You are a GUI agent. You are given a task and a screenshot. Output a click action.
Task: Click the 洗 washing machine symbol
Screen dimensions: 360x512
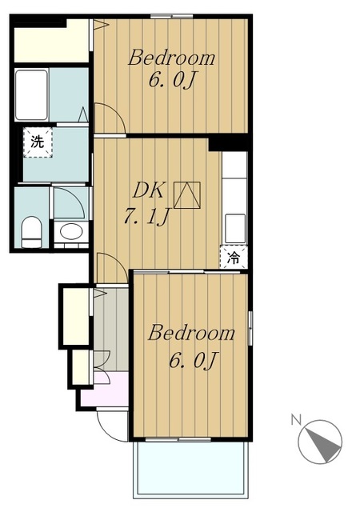tap(38, 142)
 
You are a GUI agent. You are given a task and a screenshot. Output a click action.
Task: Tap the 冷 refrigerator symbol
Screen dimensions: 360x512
tap(234, 258)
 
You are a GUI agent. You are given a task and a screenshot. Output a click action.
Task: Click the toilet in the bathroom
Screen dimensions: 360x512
tap(31, 232)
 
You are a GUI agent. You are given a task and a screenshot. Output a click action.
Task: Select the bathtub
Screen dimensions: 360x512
tap(31, 94)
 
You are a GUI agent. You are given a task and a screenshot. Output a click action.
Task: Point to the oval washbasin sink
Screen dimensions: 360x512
tap(71, 232)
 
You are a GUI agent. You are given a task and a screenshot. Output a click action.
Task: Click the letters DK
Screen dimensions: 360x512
tap(148, 191)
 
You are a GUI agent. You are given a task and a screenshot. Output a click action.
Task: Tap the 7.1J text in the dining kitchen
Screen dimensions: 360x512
tap(146, 217)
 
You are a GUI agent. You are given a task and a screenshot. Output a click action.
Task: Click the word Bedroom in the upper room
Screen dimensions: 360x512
tap(171, 58)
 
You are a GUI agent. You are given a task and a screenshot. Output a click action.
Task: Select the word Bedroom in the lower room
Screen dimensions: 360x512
tap(191, 333)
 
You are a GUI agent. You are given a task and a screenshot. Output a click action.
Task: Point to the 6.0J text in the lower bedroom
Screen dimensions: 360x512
tap(193, 360)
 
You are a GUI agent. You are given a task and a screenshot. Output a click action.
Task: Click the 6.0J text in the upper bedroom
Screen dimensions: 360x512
tap(173, 79)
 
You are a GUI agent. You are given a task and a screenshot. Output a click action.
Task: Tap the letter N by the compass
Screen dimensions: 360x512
tap(296, 419)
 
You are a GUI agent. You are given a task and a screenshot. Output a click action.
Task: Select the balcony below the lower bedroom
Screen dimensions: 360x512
tap(190, 468)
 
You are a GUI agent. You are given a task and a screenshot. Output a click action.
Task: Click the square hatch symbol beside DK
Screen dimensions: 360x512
tap(187, 195)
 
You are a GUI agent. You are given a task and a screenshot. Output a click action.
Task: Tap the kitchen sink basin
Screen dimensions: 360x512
tap(235, 228)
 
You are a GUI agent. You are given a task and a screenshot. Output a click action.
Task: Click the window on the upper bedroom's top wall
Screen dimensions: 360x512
tap(171, 16)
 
